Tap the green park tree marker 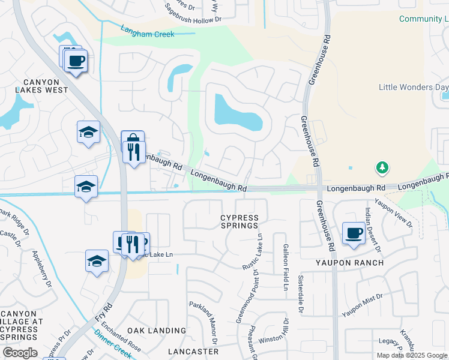[381, 167]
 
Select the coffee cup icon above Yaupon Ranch [354, 233]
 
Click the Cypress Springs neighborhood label [240, 221]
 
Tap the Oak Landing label [157, 331]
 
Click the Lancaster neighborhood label [193, 351]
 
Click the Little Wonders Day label [414, 87]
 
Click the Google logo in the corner [20, 353]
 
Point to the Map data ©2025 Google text [412, 355]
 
